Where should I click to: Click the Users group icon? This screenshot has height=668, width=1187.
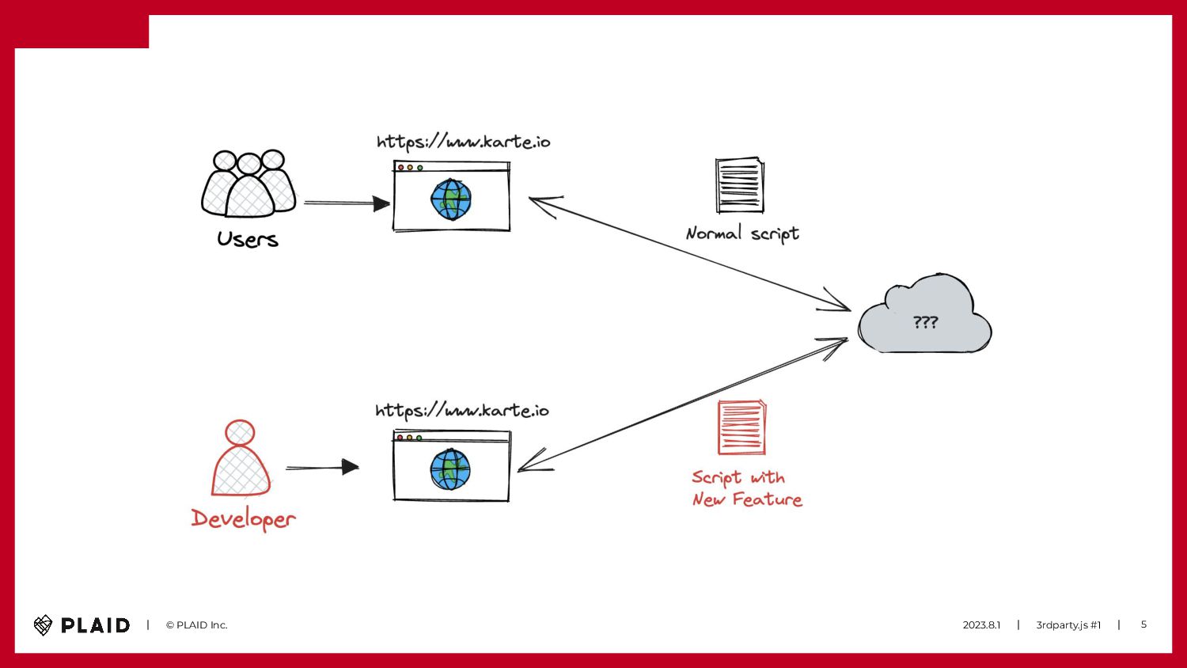(x=248, y=184)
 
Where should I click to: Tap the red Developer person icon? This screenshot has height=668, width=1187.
(x=241, y=459)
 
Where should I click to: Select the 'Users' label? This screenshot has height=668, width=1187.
(x=248, y=239)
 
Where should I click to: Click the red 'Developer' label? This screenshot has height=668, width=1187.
(x=243, y=518)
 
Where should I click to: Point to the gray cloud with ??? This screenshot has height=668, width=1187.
(x=924, y=317)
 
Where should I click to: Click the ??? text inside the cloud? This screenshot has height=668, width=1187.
(x=925, y=322)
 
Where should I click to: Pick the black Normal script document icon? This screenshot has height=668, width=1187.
(x=740, y=185)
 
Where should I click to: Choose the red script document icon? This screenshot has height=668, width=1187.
(x=741, y=427)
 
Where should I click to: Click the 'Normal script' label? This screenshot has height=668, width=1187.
(x=742, y=233)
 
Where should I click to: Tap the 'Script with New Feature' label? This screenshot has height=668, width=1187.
(x=746, y=488)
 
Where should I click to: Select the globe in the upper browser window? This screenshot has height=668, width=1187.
(x=451, y=199)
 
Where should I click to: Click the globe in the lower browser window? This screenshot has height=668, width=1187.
(x=450, y=469)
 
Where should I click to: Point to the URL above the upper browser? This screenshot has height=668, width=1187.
(x=463, y=142)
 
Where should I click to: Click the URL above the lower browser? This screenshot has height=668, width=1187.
(x=461, y=411)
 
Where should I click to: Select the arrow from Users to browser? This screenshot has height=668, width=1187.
(x=347, y=203)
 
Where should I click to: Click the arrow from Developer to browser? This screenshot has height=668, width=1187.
(x=322, y=468)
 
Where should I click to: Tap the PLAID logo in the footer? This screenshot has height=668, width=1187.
(x=82, y=625)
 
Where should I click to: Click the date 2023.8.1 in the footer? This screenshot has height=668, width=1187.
(x=981, y=625)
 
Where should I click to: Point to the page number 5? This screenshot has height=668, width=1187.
(x=1143, y=624)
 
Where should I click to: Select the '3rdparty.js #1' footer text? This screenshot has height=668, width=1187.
(x=1068, y=625)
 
